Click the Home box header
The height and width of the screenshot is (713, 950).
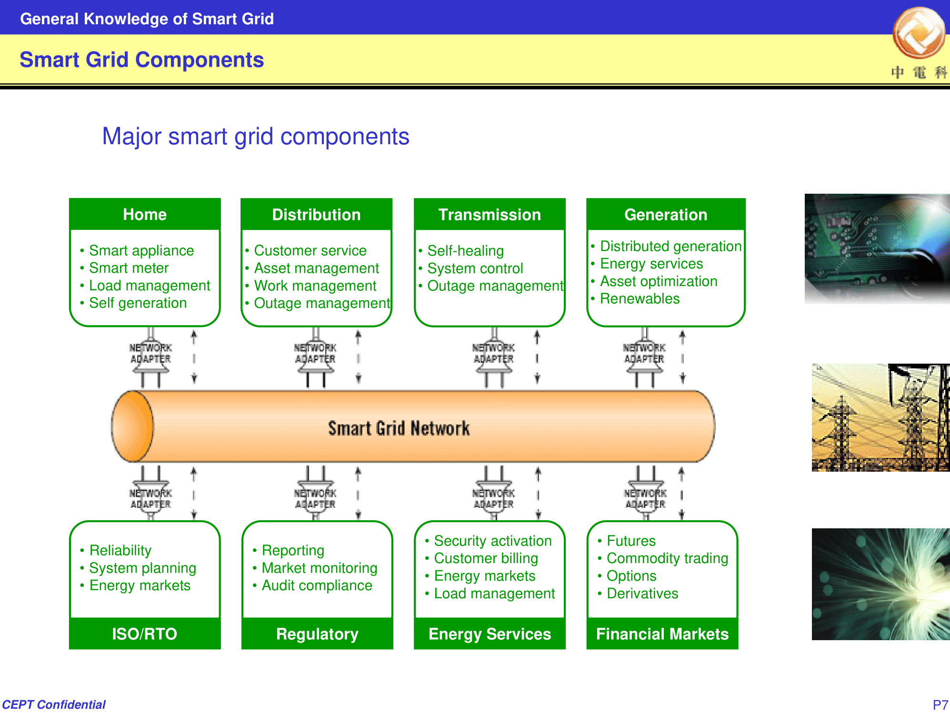tap(145, 215)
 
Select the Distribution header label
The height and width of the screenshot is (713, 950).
tap(316, 215)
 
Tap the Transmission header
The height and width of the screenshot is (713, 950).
tap(490, 215)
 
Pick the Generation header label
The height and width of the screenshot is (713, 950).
tap(666, 215)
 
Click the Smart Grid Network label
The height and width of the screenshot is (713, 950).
tap(399, 428)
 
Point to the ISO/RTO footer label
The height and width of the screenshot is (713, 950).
tap(144, 634)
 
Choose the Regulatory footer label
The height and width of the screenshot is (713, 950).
tap(317, 634)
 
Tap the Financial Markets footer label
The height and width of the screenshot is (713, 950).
tap(662, 634)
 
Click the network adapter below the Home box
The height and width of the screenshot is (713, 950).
tap(150, 357)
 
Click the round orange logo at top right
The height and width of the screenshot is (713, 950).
tap(919, 32)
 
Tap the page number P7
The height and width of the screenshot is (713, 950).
tap(940, 704)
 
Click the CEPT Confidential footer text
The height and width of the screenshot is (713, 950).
tap(54, 704)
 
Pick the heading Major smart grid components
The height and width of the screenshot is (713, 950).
tap(256, 137)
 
